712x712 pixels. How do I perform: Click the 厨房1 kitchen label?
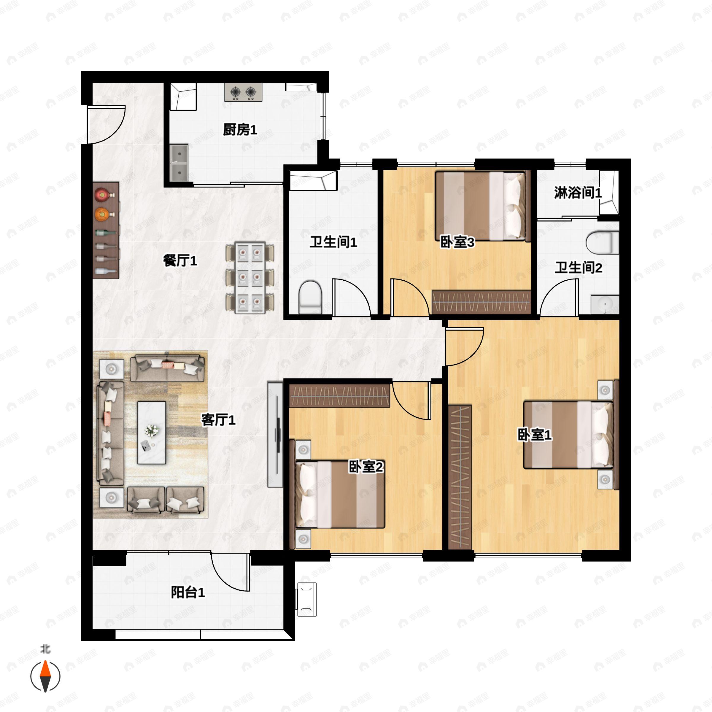(x=240, y=130)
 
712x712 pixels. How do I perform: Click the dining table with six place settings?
(x=250, y=277)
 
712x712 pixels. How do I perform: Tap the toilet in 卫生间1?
(x=310, y=298)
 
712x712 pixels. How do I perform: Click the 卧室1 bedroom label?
(x=534, y=435)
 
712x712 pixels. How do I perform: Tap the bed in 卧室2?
(x=340, y=494)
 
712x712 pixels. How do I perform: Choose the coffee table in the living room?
(x=152, y=432)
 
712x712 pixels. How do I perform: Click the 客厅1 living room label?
(x=218, y=420)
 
